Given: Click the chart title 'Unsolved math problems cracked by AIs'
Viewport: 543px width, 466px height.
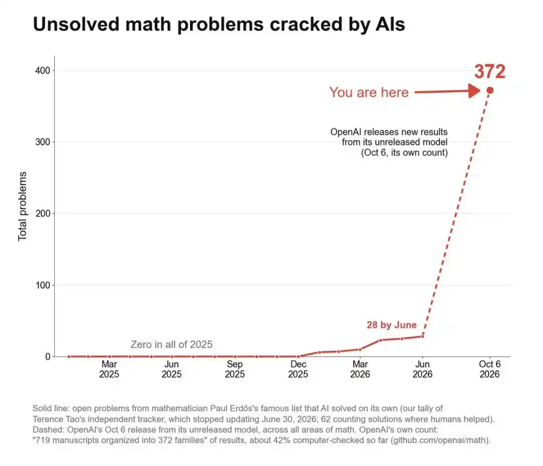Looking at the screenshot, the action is tap(219, 25).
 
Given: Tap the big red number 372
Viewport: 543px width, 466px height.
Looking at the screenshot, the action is tap(490, 72).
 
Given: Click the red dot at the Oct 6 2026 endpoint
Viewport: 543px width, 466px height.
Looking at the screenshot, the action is tap(490, 91).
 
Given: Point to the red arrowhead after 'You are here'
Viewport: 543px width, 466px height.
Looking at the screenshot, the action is tap(474, 91).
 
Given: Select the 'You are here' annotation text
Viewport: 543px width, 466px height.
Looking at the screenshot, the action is tap(369, 93).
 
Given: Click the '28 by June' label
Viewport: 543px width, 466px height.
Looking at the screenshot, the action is tap(392, 325).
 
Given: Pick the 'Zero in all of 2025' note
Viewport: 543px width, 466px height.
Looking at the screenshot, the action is tap(171, 344).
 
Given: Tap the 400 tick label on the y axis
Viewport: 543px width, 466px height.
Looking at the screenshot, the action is tap(43, 70).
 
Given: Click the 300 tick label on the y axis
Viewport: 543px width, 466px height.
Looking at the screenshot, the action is tap(43, 142).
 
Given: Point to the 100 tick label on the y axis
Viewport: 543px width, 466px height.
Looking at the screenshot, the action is tap(43, 285).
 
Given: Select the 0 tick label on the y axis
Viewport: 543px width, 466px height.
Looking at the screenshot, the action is tap(48, 357).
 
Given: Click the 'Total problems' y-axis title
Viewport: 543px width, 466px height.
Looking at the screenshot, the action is tap(22, 206).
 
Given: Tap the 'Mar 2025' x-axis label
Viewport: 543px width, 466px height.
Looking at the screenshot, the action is tap(109, 369).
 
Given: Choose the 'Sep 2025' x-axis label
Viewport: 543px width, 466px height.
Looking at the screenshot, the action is tap(235, 369).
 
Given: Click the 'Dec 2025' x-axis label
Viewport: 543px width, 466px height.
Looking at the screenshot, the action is tap(298, 369).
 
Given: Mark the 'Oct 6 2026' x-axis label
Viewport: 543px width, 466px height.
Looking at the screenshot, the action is tap(490, 369).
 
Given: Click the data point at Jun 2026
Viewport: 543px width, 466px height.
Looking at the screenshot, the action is tap(422, 336).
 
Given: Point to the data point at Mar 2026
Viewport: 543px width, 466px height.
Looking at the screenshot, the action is tap(360, 349).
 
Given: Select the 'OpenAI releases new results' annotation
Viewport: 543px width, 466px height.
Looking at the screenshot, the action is tap(389, 132).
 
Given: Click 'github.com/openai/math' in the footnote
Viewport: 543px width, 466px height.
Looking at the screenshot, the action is tap(440, 440).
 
